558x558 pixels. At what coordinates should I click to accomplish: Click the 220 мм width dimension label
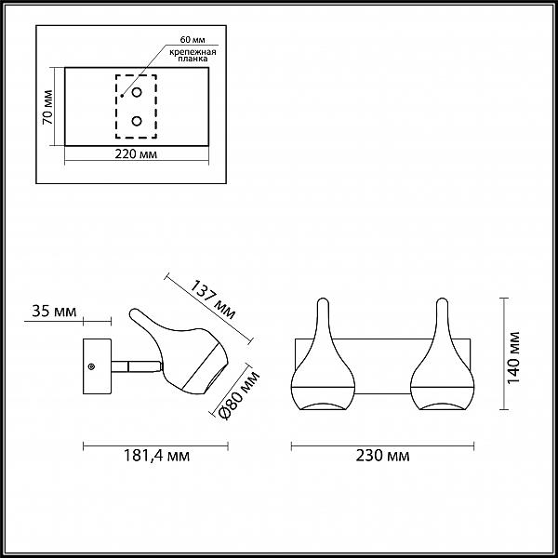tap(136, 154)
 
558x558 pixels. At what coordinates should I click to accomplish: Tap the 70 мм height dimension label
tap(47, 107)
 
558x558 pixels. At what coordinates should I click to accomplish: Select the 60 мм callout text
tap(193, 39)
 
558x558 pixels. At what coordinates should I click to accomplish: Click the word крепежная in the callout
tap(193, 52)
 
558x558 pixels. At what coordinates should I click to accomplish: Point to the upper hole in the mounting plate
tap(137, 92)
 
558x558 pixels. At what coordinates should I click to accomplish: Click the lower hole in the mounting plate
tap(137, 121)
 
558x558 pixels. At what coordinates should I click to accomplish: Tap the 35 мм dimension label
tap(54, 311)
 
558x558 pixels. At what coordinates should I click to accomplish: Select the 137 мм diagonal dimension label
tap(213, 299)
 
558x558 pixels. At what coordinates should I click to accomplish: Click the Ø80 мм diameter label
tap(239, 394)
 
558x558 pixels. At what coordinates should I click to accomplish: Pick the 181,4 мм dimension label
tap(156, 456)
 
